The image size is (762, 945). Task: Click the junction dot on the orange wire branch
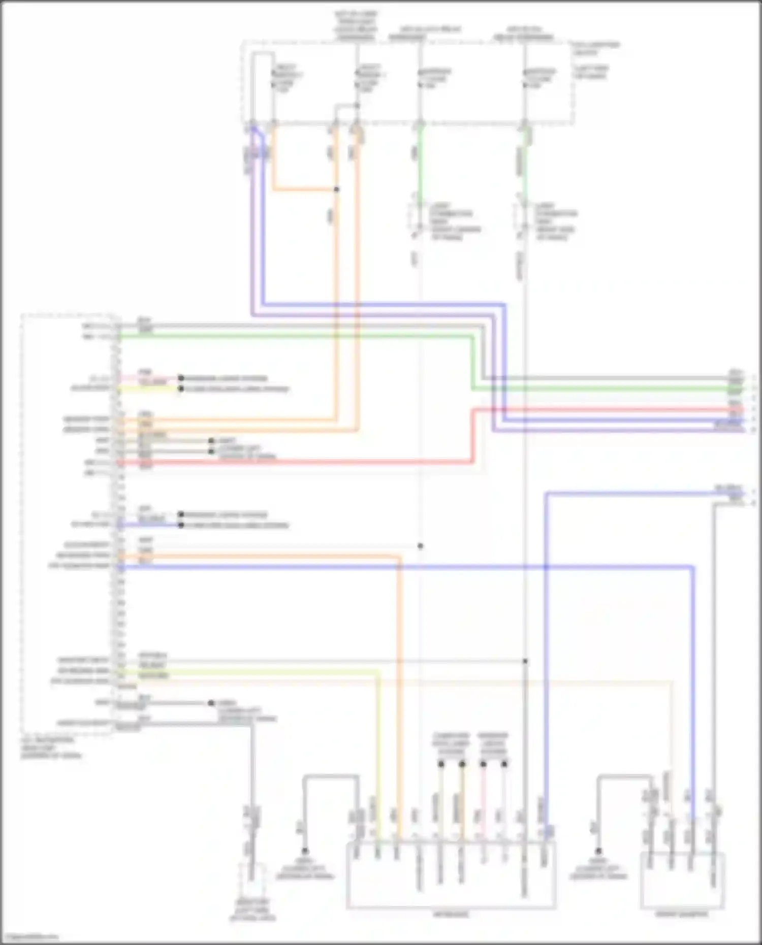[336, 189]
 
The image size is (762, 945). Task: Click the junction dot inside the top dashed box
[357, 106]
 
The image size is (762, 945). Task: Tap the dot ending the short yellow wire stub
[181, 389]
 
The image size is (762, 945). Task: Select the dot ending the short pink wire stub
[181, 378]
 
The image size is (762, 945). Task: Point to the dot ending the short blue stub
[181, 525]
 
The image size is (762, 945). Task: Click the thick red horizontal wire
[305, 462]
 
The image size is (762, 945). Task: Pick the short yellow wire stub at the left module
[147, 389]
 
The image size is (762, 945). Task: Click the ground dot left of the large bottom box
[305, 851]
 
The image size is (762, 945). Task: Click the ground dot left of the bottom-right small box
[598, 851]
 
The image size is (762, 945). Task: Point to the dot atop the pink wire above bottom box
[483, 764]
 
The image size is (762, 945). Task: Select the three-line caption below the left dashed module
[51, 747]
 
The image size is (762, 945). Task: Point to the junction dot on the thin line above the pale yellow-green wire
[525, 661]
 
